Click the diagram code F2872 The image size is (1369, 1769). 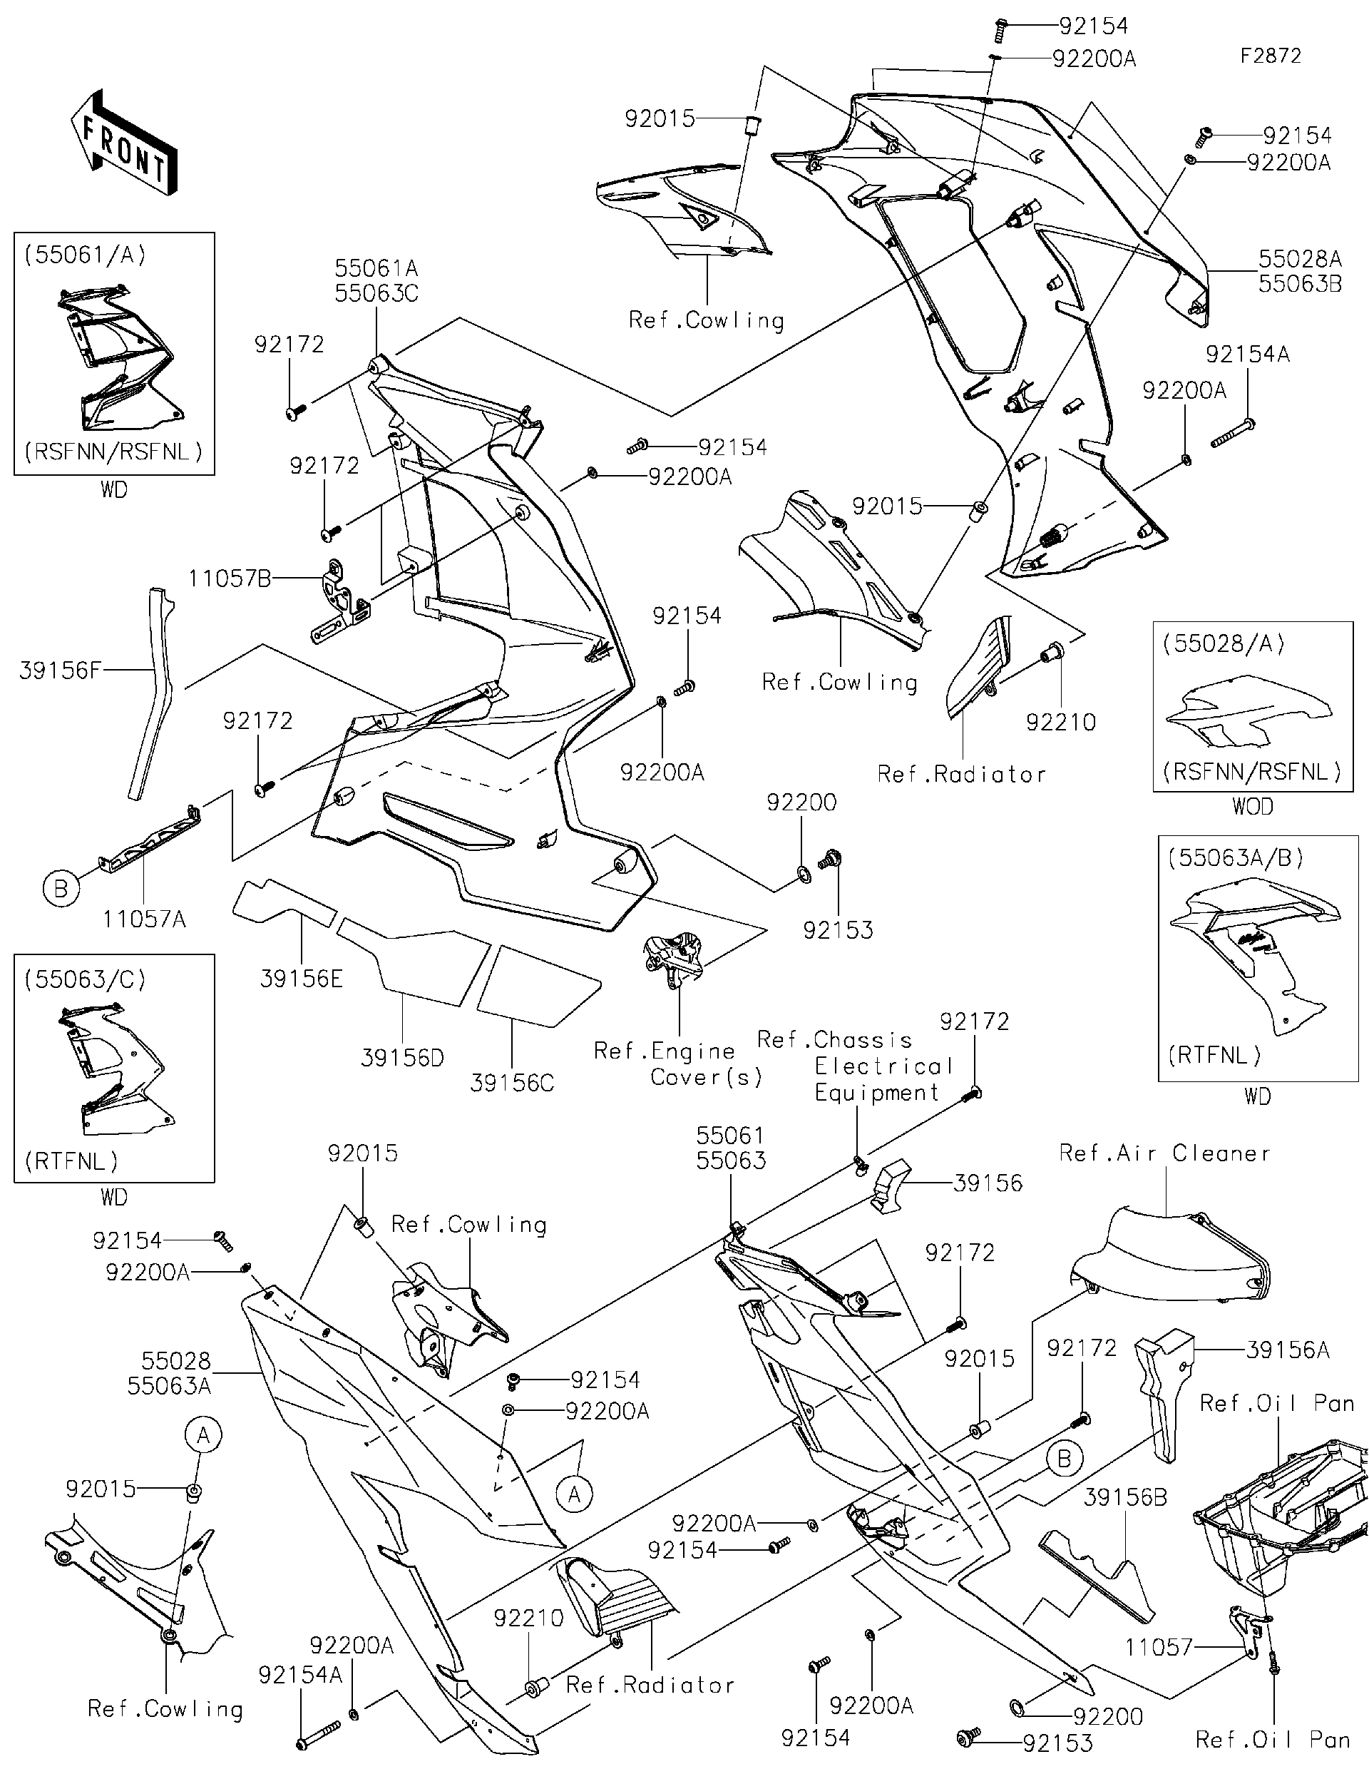1270,56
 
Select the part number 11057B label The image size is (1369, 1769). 230,578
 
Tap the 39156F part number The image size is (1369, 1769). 61,670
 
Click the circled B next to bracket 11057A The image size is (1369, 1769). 61,889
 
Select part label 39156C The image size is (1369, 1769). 512,1083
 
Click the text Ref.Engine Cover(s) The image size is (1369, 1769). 678,1064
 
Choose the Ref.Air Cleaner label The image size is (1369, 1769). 1164,1153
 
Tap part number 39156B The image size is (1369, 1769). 1125,1498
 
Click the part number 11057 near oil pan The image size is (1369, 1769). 1159,1647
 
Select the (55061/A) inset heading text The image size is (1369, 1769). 85,255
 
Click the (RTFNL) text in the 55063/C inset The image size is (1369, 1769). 71,1161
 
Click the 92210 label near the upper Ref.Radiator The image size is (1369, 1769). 1060,722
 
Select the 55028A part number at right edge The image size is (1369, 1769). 1300,259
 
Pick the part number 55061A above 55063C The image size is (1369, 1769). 376,268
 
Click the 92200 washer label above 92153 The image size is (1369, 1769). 801,802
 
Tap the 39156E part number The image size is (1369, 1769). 301,979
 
